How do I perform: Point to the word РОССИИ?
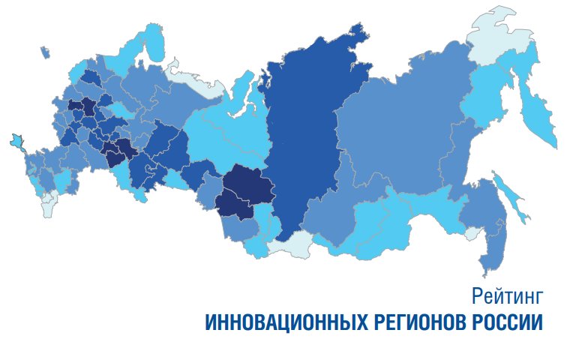click(506, 323)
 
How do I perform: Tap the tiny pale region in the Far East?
click(472, 235)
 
